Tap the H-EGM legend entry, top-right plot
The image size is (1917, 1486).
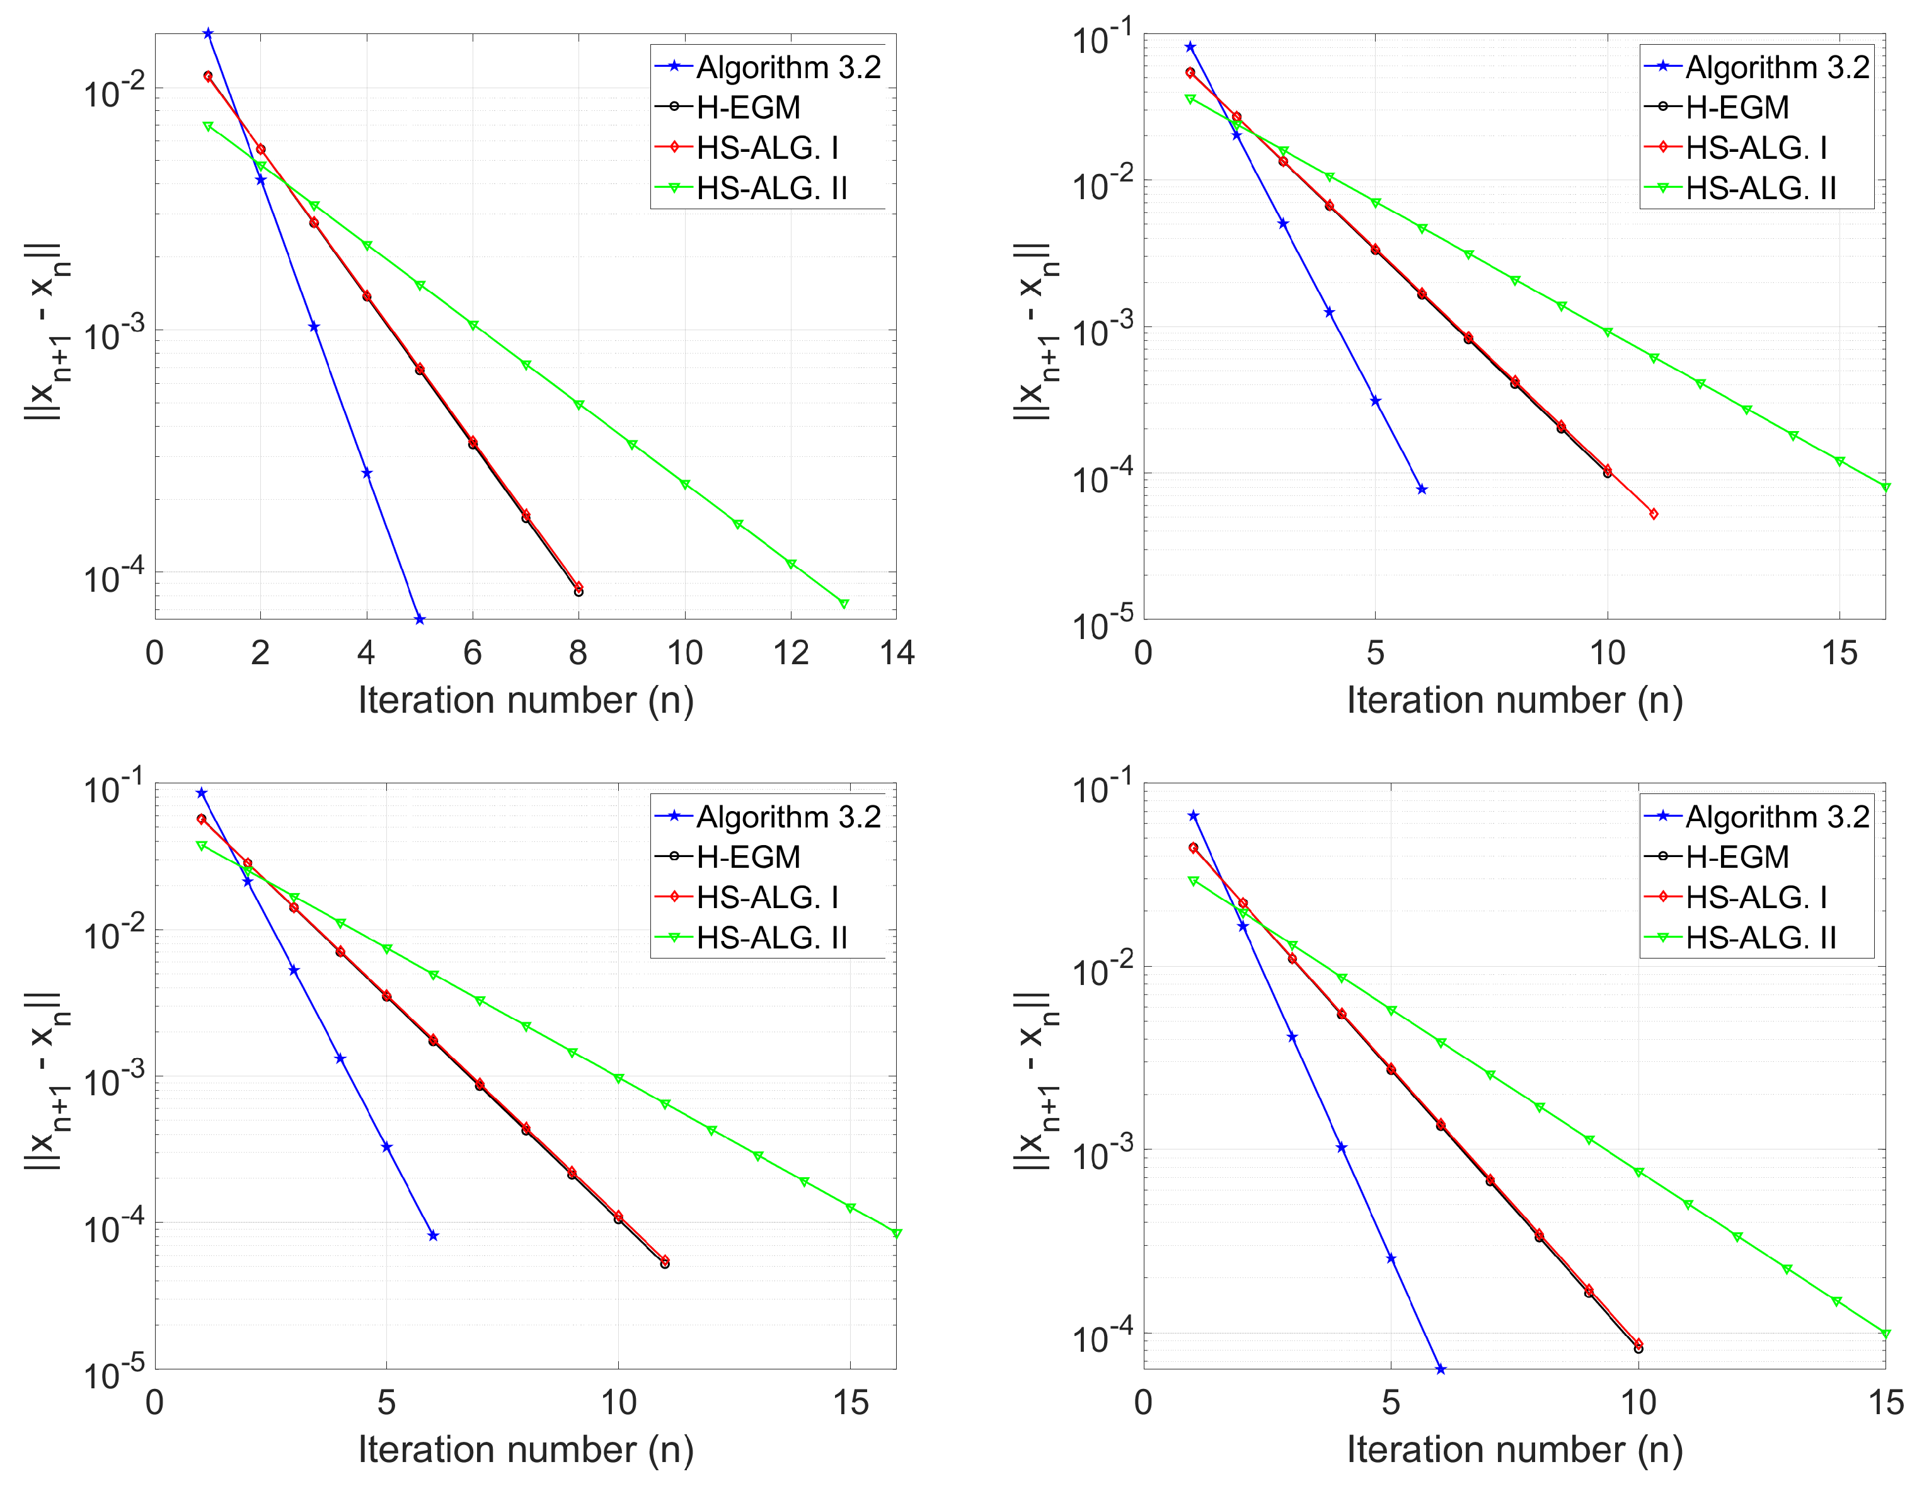[1736, 108]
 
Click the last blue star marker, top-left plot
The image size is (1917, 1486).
[420, 619]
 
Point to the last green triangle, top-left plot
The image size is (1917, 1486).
[844, 604]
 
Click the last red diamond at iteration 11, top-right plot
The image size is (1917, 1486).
[1654, 514]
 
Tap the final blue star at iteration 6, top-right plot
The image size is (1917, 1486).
[1422, 490]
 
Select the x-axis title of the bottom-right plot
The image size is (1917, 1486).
[1514, 1450]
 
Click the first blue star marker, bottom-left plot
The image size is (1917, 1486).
[201, 793]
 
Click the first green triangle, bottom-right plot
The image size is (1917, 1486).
[1193, 881]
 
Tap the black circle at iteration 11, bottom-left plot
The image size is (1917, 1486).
[664, 1264]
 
